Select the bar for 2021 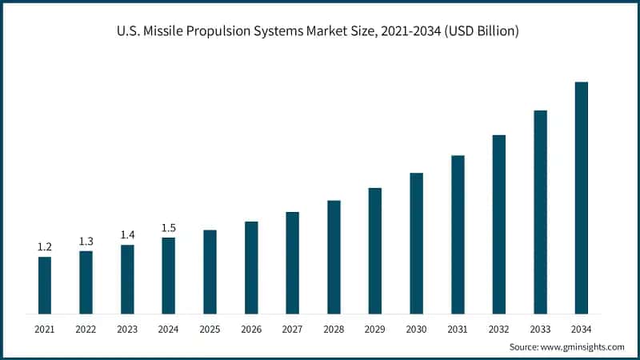coord(45,285)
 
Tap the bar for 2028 coord(334,257)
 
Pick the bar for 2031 coord(458,234)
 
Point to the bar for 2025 coord(210,272)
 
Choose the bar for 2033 coord(540,212)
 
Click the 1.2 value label coord(45,246)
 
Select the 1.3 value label coord(86,241)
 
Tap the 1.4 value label coord(127,234)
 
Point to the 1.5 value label coord(169,228)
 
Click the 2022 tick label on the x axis coord(86,329)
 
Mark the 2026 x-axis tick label coord(251,329)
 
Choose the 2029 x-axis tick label coord(375,329)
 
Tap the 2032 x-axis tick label coord(499,329)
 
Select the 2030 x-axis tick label coord(416,329)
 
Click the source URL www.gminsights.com coord(582,347)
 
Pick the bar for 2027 coord(292,262)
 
